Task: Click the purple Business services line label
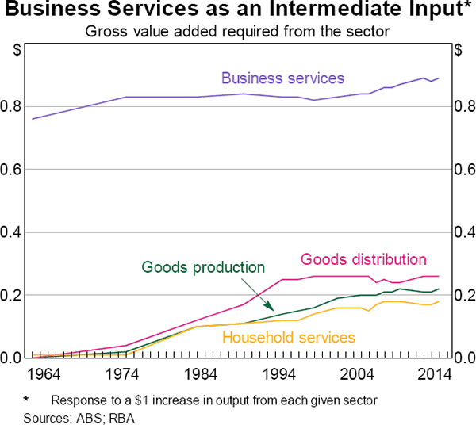(282, 78)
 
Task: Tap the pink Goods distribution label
(363, 259)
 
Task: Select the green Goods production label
(203, 267)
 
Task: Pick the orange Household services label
(289, 338)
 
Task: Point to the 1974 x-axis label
(123, 373)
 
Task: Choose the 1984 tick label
(202, 373)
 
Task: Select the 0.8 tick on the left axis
(13, 107)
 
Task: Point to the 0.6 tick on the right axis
(463, 170)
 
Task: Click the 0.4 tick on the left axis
(13, 232)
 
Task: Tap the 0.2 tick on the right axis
(463, 295)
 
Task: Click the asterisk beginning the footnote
(27, 399)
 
